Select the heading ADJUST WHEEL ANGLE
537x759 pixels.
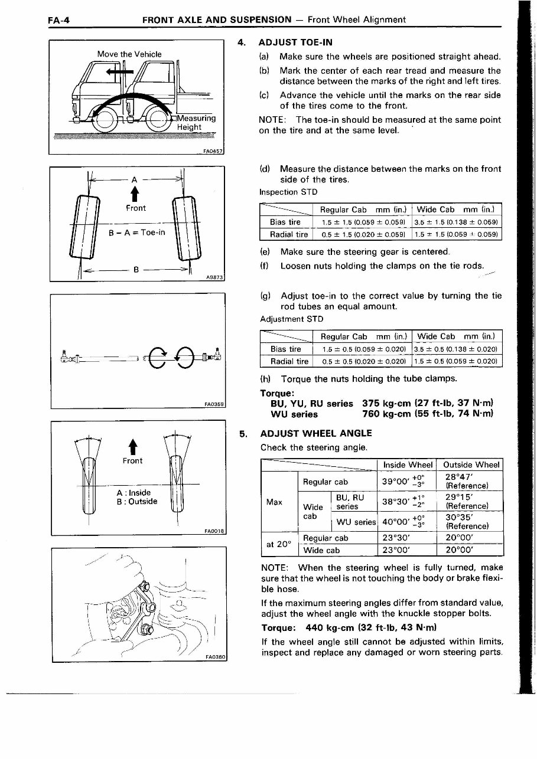[x=316, y=433]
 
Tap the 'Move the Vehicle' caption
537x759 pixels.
[x=129, y=54]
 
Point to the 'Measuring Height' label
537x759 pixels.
[x=197, y=122]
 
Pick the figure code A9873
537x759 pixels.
[x=215, y=276]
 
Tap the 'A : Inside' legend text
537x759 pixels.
[x=134, y=492]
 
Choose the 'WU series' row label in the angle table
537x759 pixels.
[x=356, y=522]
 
